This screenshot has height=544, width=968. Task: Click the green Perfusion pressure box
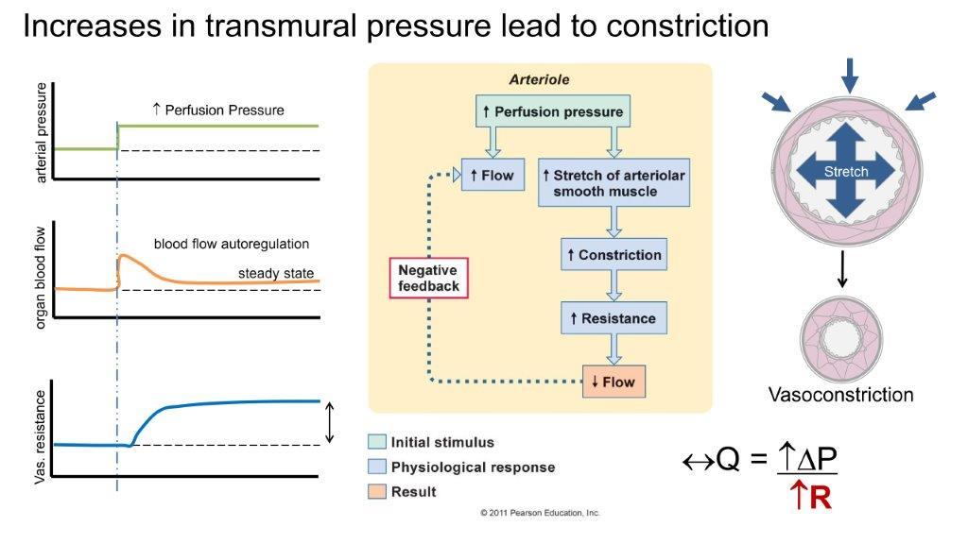tap(553, 111)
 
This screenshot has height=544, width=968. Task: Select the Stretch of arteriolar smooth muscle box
tap(614, 182)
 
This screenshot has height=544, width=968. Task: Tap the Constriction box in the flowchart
tap(614, 255)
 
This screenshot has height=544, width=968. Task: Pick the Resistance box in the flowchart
tap(614, 318)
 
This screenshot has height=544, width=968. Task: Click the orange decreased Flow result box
tap(614, 382)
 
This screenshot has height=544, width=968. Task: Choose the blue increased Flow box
tap(493, 175)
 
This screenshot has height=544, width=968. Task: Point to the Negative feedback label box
tap(428, 278)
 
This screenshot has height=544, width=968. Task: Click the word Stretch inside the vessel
tap(845, 172)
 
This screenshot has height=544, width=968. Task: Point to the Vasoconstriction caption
tap(840, 395)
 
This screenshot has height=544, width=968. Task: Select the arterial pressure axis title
tap(41, 132)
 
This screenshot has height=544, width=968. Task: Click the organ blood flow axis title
tap(41, 270)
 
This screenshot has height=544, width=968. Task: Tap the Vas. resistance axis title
tap(41, 434)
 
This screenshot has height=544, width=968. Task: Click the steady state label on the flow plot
tap(275, 274)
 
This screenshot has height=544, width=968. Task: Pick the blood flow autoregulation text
tap(232, 244)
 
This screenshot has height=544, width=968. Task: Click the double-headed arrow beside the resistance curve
tap(329, 422)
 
